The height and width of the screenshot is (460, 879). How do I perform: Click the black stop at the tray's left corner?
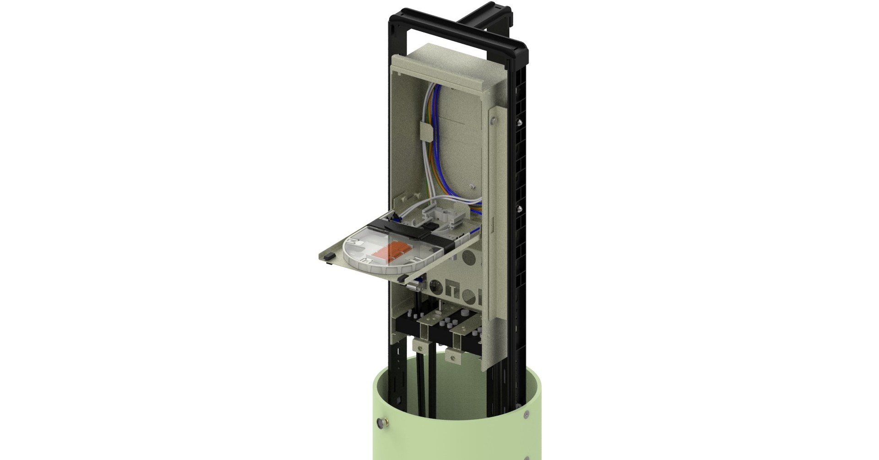[328, 260]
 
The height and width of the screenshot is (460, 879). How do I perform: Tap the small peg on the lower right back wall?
[471, 187]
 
